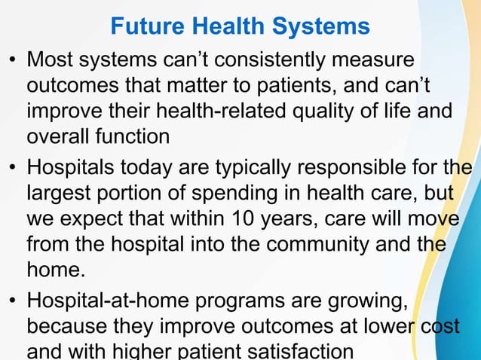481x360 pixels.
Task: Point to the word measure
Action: pyautogui.click(x=375, y=59)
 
